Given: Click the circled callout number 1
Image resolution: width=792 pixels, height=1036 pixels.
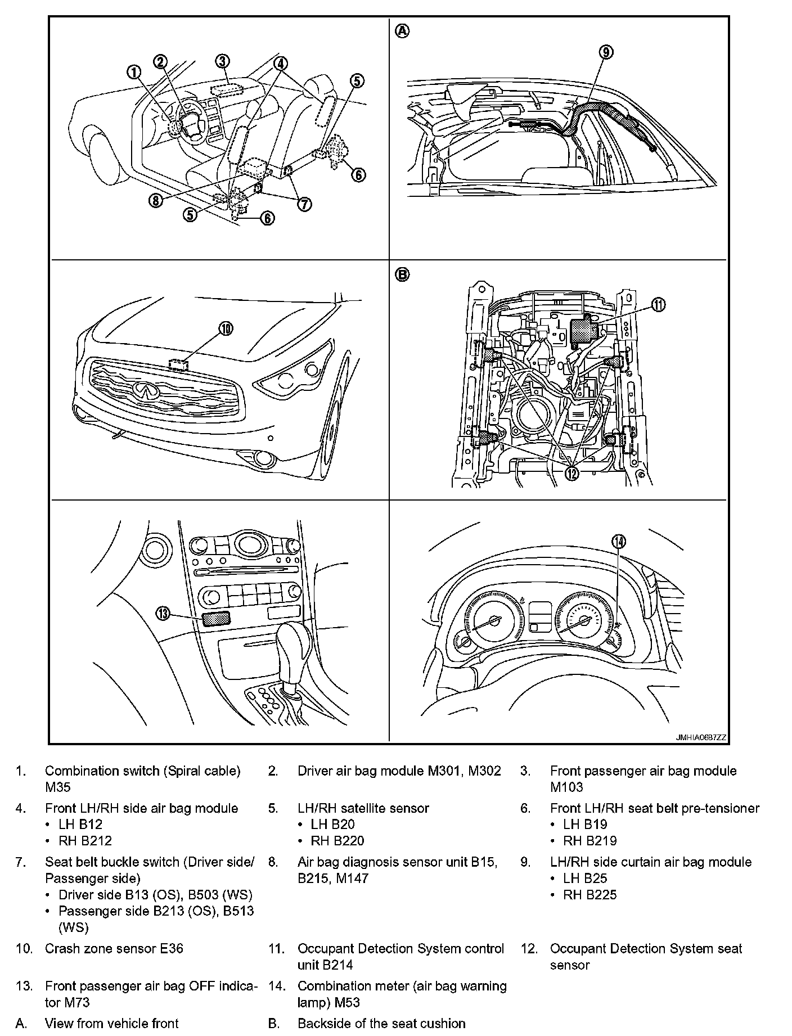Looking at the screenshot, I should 133,72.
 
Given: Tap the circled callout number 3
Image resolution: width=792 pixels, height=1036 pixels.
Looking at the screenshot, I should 223,61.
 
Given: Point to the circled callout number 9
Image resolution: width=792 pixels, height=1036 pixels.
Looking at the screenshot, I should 606,52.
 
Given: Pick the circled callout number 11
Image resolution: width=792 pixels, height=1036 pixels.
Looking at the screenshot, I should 658,304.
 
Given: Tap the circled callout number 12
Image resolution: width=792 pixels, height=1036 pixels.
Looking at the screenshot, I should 571,474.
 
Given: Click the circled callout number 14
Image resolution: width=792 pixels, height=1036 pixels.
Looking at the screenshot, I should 619,541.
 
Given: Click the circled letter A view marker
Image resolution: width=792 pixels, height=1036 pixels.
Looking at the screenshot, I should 403,31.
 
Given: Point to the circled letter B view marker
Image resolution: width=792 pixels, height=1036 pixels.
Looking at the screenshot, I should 403,274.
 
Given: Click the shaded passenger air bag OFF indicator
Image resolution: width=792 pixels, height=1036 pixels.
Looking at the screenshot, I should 216,619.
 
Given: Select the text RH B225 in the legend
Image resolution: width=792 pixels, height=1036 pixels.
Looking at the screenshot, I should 590,894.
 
